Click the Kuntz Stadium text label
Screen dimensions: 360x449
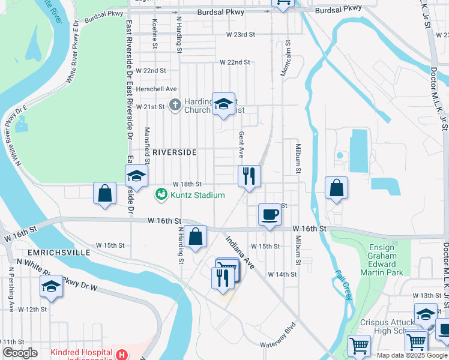197,195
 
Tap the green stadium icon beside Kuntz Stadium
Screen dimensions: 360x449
161,194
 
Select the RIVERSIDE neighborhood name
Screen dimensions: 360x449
174,152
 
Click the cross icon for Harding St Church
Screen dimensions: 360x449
175,106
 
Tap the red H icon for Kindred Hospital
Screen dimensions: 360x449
122,355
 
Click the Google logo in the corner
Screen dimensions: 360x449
20,353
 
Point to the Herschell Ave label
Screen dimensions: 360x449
151,88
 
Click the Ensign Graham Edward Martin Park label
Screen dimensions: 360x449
382,260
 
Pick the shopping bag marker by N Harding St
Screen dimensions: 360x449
195,236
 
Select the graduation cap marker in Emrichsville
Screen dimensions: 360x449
52,286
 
